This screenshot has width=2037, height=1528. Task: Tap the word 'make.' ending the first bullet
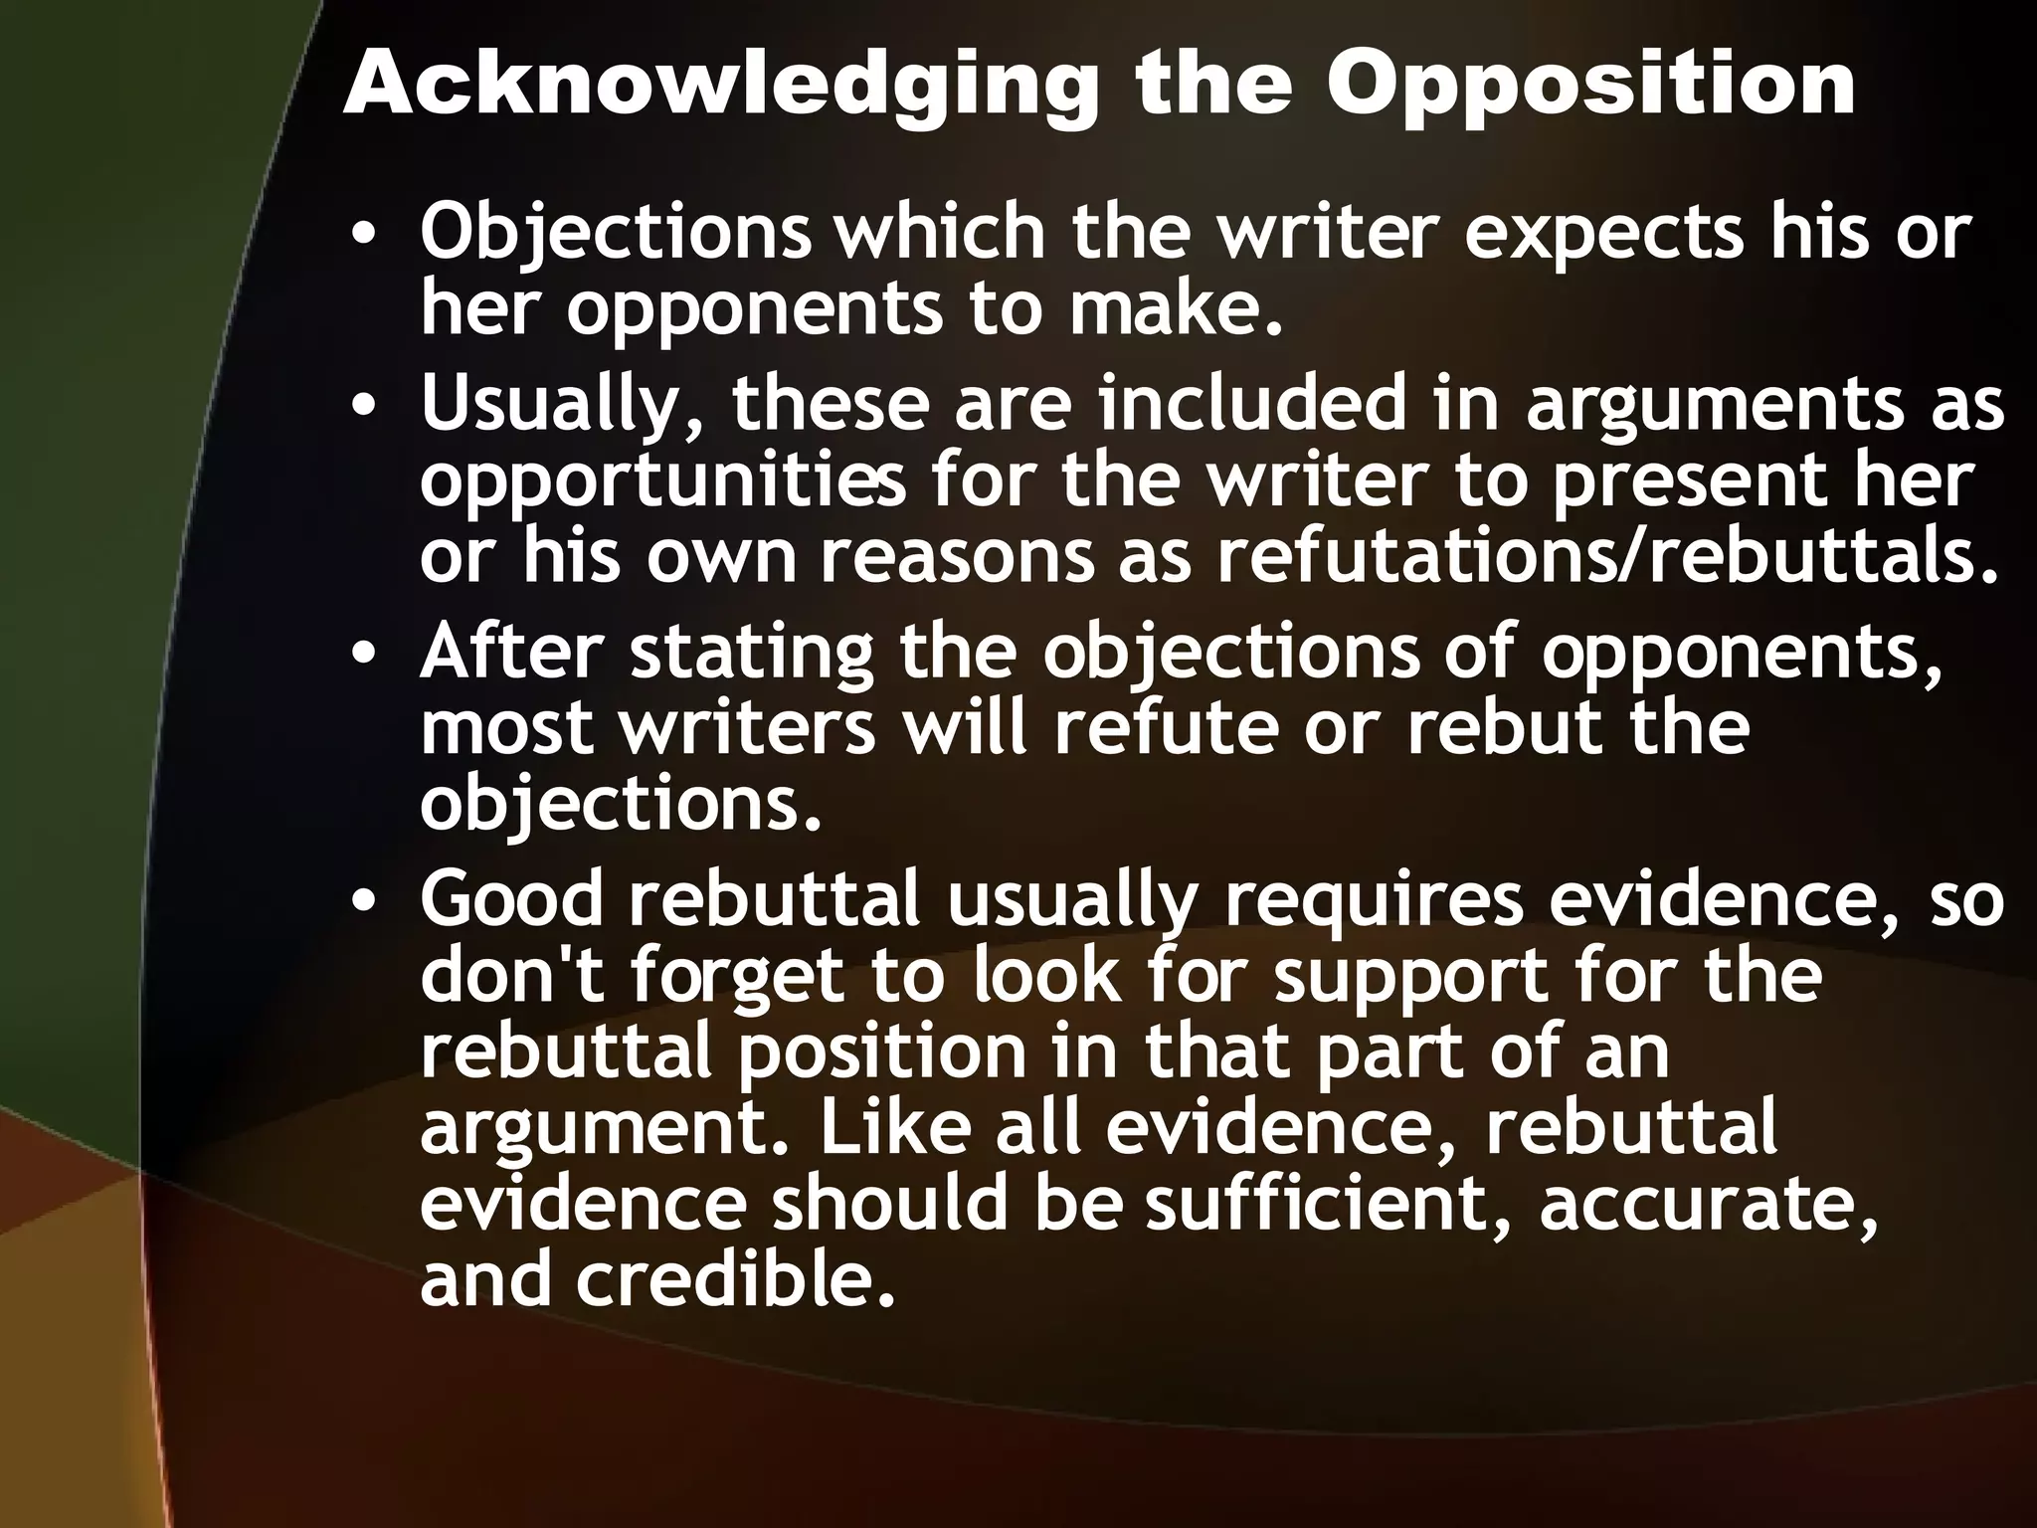1173,309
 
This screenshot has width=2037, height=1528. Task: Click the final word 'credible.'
730,1281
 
